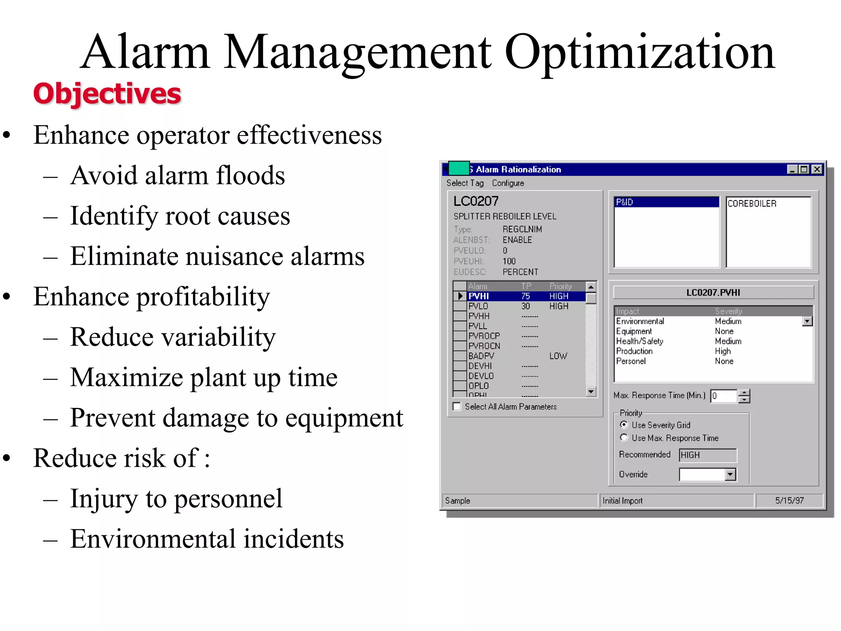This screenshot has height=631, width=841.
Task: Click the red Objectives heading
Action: [x=107, y=94]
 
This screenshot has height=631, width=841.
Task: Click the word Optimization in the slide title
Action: [x=639, y=53]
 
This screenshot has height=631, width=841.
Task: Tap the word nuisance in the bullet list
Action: [x=234, y=256]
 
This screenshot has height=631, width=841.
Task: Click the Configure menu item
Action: [x=508, y=183]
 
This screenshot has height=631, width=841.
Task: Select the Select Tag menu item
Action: [x=465, y=183]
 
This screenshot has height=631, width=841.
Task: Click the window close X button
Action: [x=817, y=169]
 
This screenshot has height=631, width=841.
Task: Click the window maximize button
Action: [x=804, y=169]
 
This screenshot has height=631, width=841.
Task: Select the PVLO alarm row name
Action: [x=478, y=306]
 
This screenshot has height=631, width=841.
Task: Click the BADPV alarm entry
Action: [x=481, y=356]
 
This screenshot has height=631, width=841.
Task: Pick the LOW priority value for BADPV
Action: [x=558, y=356]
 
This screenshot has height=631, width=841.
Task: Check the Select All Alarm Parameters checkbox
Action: [x=457, y=407]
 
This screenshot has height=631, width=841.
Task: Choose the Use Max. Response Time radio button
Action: [x=624, y=438]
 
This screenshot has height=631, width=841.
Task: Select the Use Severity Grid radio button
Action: [x=624, y=425]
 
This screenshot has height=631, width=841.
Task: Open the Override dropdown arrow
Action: [x=730, y=475]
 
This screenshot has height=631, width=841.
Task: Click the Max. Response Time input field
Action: [x=724, y=396]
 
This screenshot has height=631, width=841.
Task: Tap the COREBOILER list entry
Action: [x=752, y=204]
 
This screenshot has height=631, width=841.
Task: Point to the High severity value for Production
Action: [x=723, y=351]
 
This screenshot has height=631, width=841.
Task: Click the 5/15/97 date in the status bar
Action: [x=789, y=501]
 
